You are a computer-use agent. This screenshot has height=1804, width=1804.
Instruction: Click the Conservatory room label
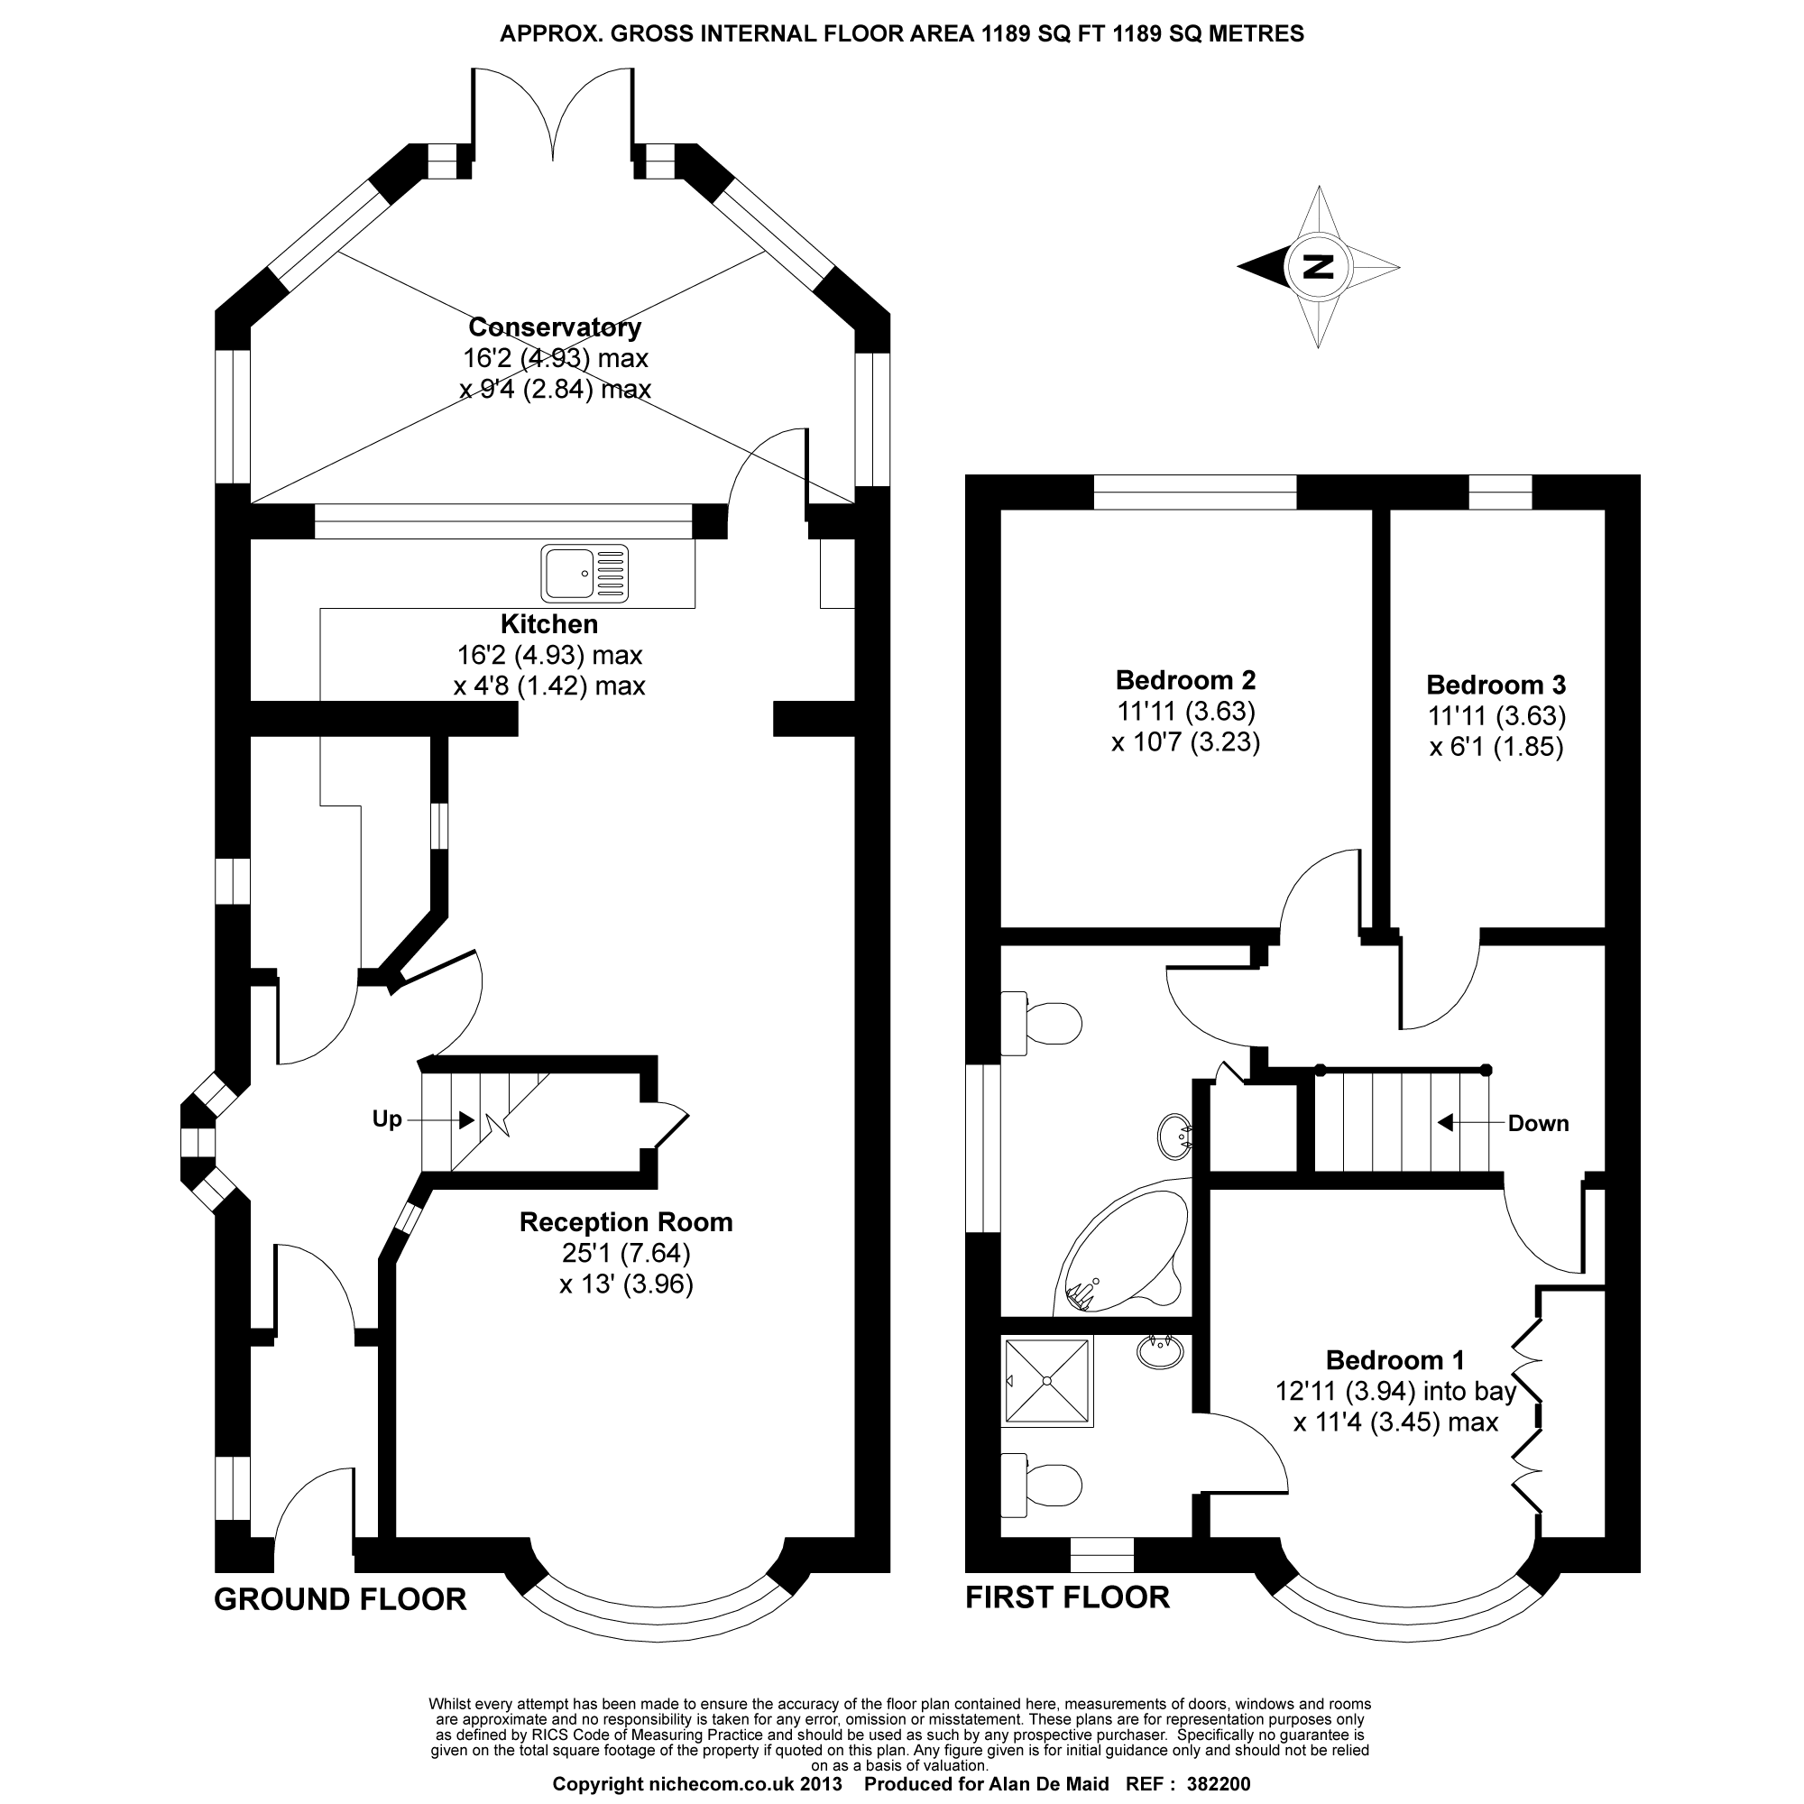(x=555, y=327)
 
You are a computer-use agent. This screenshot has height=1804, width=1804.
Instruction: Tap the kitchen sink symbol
(x=584, y=573)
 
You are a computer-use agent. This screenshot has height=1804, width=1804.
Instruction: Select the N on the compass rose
(x=1318, y=267)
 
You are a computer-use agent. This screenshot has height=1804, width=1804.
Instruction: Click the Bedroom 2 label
(x=1185, y=680)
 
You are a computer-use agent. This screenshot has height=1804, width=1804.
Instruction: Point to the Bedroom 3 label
(x=1496, y=685)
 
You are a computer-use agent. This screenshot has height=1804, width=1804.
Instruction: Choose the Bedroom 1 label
(x=1395, y=1359)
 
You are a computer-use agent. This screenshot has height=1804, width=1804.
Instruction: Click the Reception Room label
(x=626, y=1222)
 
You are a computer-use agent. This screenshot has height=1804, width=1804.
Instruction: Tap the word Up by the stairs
(x=387, y=1118)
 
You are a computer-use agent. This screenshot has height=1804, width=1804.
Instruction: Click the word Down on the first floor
(x=1538, y=1123)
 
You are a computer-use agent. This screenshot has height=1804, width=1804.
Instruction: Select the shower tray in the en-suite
(x=1046, y=1381)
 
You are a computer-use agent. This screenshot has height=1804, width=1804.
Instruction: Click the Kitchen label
(x=549, y=624)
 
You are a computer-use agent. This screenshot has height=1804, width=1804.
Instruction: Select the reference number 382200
(x=1218, y=1784)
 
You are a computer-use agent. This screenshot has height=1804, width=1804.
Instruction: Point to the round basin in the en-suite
(x=1161, y=1351)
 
